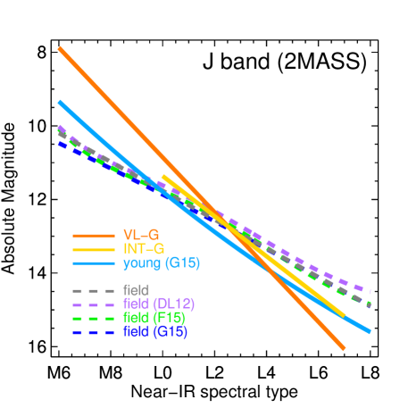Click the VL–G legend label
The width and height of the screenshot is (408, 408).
coord(141,235)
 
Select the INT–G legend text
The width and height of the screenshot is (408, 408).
coord(144,248)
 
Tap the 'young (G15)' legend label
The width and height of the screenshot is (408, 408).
coord(162,262)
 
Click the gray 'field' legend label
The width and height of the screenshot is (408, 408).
coord(136,290)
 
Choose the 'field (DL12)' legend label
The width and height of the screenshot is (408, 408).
coord(158,304)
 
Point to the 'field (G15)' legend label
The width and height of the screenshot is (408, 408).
coord(155,332)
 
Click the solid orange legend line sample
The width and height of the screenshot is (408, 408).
coord(94,236)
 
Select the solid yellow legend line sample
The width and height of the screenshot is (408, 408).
coord(94,249)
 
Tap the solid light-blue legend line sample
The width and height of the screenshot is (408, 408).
coord(94,263)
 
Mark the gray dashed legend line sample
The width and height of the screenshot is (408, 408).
coord(94,291)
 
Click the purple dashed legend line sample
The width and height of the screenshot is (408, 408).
coord(94,304)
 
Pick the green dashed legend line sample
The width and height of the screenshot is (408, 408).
coord(94,319)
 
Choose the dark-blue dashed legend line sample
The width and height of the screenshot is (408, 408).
coord(94,332)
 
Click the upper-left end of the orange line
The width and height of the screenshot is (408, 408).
coord(60,48)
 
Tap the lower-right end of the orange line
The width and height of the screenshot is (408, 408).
coord(344,348)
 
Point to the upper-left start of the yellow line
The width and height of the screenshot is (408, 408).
coord(163,177)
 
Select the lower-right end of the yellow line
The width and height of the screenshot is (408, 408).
coord(344,314)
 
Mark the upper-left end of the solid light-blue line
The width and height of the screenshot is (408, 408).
coord(60,103)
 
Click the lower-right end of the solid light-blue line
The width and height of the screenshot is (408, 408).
coord(369,331)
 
